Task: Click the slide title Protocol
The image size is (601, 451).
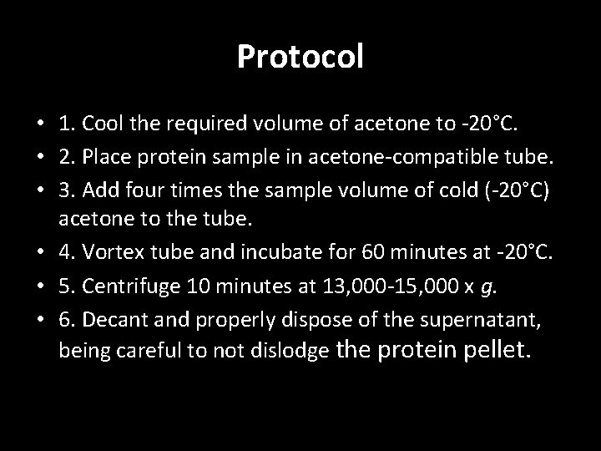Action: click(x=300, y=57)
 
